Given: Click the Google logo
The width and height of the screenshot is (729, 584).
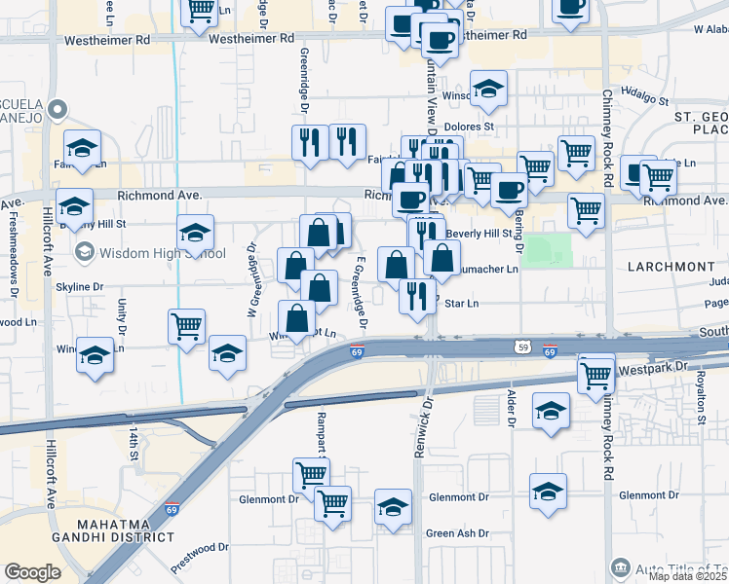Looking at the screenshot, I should tap(33, 572).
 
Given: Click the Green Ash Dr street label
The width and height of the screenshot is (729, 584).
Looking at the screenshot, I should tap(457, 533).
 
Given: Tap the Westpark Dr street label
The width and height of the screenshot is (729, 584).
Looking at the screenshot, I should tap(653, 370).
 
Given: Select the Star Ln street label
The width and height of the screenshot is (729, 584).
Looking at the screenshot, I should tap(461, 304).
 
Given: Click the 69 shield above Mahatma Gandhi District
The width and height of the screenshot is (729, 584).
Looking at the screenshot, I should tap(173, 509).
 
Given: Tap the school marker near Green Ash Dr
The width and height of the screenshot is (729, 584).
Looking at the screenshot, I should tap(393, 507).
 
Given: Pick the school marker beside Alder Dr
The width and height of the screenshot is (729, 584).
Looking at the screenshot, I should tap(551, 410).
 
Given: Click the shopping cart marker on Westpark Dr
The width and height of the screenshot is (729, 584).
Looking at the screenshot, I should tap(595, 374).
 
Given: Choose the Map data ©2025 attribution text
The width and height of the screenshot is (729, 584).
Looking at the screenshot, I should tap(688, 576).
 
